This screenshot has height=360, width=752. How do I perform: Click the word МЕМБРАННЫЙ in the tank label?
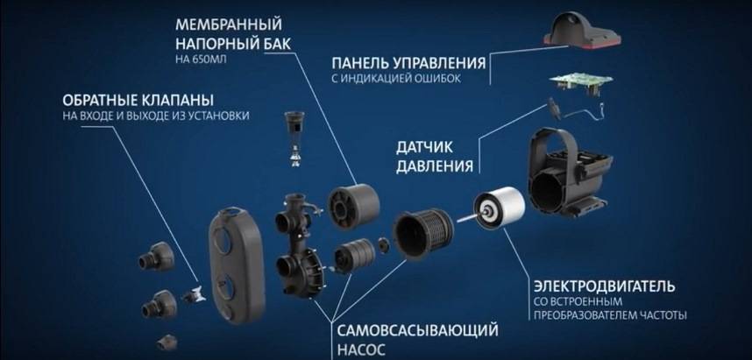(228, 25)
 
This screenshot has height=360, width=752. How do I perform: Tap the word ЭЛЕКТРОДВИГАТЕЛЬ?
(604, 286)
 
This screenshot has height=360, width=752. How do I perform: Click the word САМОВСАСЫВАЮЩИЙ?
(417, 331)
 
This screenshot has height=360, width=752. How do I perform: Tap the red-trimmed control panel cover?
(581, 30)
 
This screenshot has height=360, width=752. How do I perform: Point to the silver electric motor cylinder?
(499, 208)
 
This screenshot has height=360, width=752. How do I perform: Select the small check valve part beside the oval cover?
(195, 294)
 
